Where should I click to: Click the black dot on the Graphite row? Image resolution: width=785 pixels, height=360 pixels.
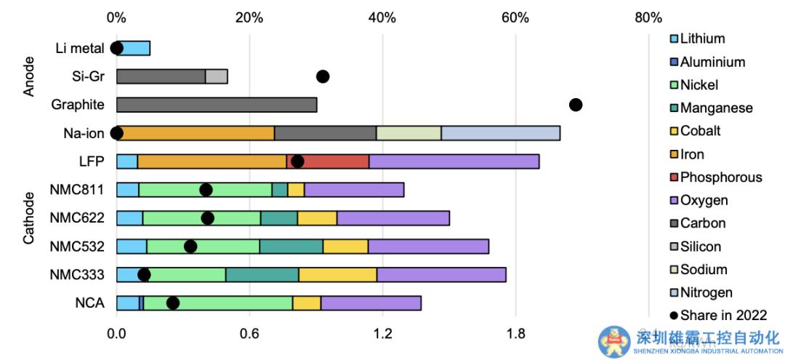tap(576, 105)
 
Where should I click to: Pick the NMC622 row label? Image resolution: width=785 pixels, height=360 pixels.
tap(77, 217)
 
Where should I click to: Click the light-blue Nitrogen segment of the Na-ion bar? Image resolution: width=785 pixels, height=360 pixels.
tap(500, 133)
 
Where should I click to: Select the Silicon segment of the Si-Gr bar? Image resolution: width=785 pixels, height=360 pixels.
tap(217, 76)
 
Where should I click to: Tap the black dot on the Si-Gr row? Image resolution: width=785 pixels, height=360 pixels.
tap(323, 76)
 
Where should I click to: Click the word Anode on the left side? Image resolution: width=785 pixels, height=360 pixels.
tap(30, 78)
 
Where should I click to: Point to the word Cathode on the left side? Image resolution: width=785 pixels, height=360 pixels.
tap(30, 217)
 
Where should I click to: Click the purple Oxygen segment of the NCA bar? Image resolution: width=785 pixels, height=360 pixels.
tap(371, 303)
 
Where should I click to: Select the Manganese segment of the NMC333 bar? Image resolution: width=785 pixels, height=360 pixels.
tap(262, 274)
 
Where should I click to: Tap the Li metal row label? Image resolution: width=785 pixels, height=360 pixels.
tap(79, 48)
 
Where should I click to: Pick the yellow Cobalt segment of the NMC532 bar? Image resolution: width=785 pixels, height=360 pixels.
tap(345, 246)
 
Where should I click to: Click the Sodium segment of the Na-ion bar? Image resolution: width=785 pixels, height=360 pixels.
tap(408, 133)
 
